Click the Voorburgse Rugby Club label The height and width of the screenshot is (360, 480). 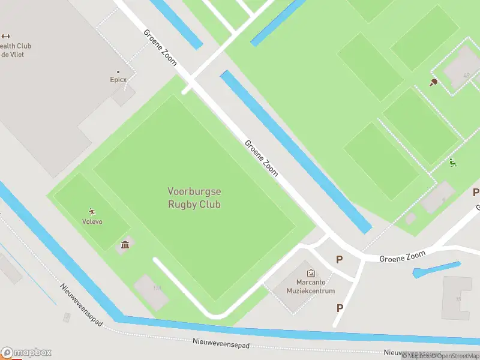tap(194, 198)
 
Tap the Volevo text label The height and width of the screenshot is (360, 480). tap(92, 221)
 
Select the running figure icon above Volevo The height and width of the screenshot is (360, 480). tap(92, 212)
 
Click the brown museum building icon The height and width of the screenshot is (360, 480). tap(125, 244)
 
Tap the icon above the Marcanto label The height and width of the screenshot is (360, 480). tap(311, 273)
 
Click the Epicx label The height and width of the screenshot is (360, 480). tap(118, 79)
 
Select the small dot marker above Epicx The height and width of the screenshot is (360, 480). tap(118, 72)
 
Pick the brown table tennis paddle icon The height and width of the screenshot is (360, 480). tap(433, 82)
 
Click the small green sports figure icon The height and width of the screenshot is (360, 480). tap(452, 162)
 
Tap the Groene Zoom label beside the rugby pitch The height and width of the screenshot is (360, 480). tap(262, 158)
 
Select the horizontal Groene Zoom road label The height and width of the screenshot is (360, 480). tap(402, 257)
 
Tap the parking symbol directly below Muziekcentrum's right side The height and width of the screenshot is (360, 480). tap(340, 308)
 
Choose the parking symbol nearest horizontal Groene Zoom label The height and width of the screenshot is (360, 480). tap(340, 260)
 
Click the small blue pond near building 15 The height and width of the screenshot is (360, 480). tap(436, 269)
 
